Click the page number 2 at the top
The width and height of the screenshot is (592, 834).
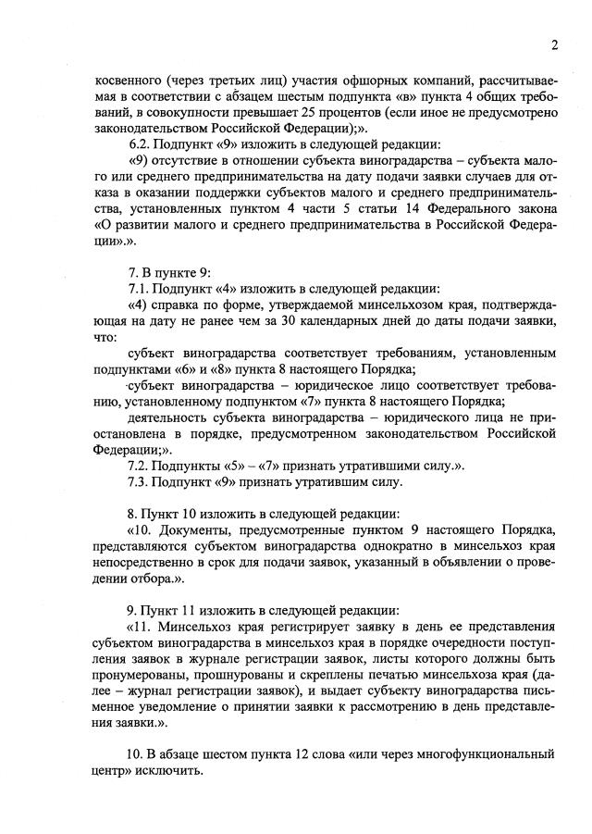coord(553,45)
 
